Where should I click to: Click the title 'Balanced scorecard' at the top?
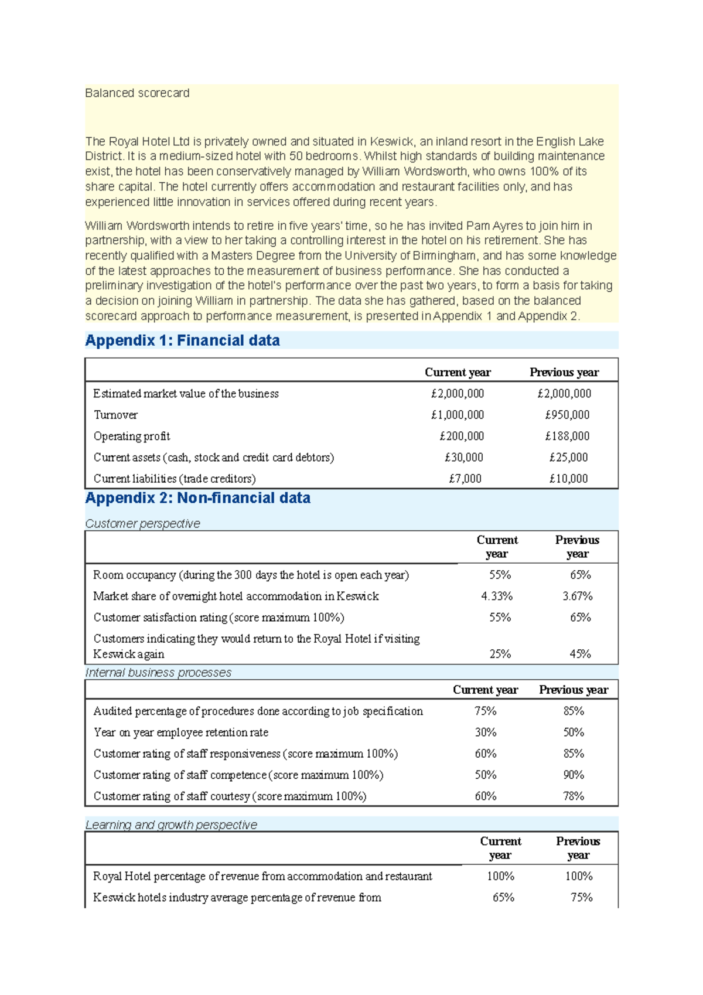click(x=137, y=93)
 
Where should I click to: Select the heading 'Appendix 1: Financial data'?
click(x=182, y=340)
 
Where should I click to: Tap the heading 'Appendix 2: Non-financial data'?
click(x=197, y=498)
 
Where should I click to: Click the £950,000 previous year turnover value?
click(x=567, y=415)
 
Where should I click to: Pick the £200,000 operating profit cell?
click(x=462, y=436)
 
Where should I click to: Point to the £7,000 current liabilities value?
click(x=465, y=479)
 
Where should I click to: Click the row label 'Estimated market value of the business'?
click(x=186, y=394)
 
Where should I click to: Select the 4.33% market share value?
click(x=497, y=596)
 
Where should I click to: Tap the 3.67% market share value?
click(x=578, y=596)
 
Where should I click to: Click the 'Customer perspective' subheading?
click(x=142, y=523)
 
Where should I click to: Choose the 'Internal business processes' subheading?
click(x=158, y=673)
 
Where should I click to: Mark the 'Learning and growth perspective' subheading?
click(x=171, y=825)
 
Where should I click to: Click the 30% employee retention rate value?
click(x=486, y=732)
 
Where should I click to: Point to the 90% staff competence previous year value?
click(x=574, y=775)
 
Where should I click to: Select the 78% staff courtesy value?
click(x=574, y=796)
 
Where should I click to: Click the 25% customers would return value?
click(x=500, y=654)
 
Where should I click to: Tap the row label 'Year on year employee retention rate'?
click(x=180, y=732)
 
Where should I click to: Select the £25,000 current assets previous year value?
click(x=568, y=457)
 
